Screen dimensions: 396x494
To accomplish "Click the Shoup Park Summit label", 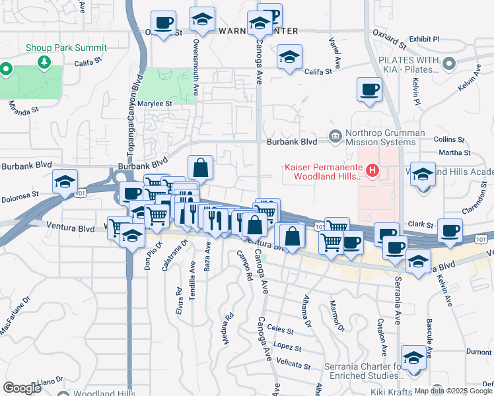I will [x=66, y=48].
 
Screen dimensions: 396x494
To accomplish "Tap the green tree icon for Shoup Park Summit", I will [x=44, y=62].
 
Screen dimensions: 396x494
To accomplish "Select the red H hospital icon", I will [x=372, y=172].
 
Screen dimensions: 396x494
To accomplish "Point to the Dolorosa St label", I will [x=20, y=197].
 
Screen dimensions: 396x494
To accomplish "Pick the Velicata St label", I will [x=295, y=365].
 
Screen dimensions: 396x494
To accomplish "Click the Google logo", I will [x=22, y=387].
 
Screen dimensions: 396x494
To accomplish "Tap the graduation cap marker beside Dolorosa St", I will [x=65, y=181].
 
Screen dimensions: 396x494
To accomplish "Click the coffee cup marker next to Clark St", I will [x=450, y=230].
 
